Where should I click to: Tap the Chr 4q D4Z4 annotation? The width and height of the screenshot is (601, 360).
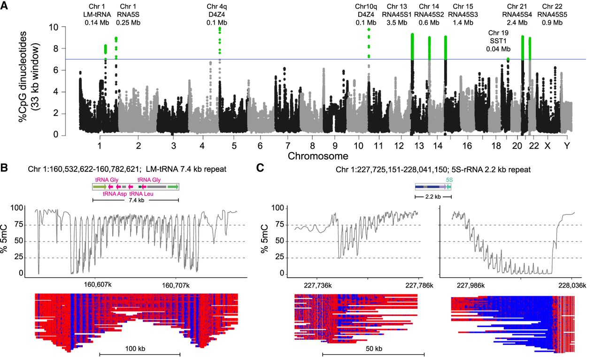pos(217,15)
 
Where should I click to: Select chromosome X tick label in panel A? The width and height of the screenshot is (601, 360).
pos(547,146)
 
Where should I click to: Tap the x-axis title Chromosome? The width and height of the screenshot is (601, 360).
pos(318,155)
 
